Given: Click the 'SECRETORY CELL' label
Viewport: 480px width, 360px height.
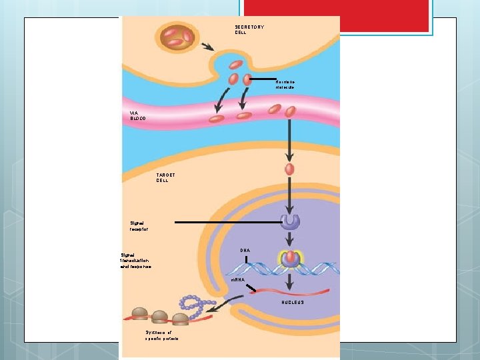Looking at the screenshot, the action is (x=249, y=29).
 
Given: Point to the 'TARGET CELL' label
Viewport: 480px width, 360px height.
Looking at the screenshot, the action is (x=165, y=177).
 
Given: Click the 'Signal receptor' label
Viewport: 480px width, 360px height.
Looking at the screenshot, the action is (x=139, y=225).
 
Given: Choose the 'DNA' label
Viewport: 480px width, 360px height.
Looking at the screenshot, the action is (x=245, y=251).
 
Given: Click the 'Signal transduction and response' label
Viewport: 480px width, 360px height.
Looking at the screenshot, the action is (x=135, y=261).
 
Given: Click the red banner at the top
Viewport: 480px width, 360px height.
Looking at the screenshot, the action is (x=337, y=15).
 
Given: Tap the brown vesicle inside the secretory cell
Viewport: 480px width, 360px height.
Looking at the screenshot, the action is (x=177, y=37).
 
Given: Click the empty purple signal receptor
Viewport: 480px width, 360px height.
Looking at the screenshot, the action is (x=290, y=222).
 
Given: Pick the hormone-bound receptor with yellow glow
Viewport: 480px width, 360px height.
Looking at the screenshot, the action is (x=291, y=259).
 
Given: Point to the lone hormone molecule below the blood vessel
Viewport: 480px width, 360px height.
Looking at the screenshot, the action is (x=289, y=169).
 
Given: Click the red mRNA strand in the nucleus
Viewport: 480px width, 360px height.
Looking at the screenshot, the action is (x=293, y=291).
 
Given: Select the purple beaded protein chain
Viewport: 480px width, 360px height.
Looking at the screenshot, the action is (x=198, y=307).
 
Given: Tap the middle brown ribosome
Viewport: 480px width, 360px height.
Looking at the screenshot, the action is (x=159, y=317).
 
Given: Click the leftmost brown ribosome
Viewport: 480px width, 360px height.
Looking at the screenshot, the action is (x=139, y=313).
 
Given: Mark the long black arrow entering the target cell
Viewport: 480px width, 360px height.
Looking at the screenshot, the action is (x=289, y=140).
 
